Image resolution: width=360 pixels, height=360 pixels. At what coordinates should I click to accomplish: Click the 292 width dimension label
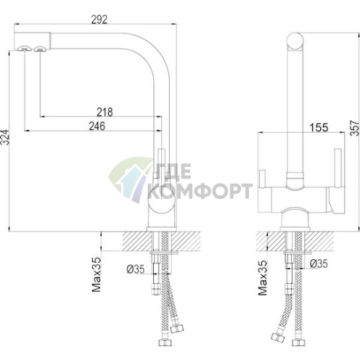(99, 20)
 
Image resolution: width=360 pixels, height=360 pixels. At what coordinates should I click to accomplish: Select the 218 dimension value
(105, 112)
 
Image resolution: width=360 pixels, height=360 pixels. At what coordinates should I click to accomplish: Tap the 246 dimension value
(97, 126)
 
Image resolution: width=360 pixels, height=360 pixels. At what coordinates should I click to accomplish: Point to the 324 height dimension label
(5, 137)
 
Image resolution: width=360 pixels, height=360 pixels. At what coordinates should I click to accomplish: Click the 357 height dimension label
(355, 128)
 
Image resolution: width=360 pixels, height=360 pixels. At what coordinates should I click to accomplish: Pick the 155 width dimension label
(319, 128)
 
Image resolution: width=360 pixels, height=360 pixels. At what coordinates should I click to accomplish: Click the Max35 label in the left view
(97, 274)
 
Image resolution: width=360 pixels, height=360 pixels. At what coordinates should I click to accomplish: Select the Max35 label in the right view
(263, 278)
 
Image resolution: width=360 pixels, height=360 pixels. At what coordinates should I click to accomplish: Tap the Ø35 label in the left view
(136, 269)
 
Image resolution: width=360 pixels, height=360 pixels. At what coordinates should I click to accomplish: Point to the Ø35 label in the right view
(319, 263)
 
